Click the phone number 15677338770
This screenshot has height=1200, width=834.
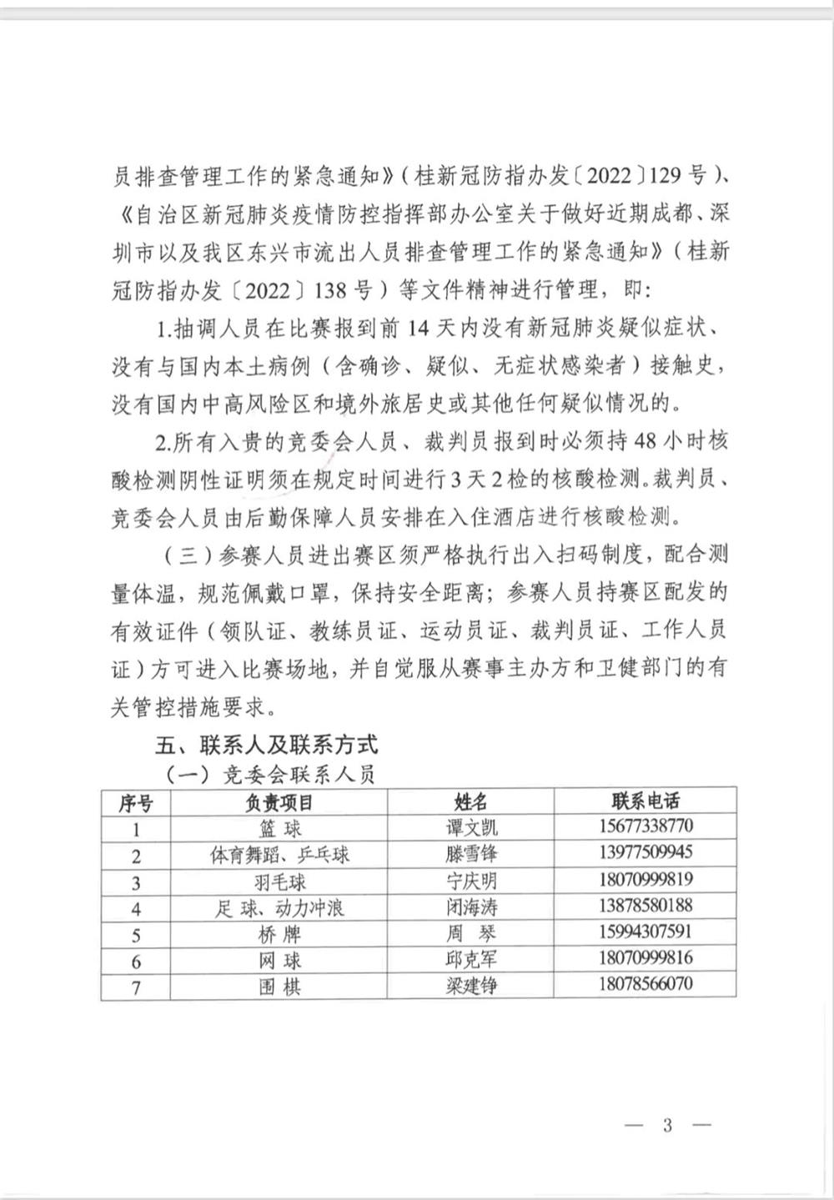click(x=645, y=826)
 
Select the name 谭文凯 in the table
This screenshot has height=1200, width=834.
click(x=470, y=827)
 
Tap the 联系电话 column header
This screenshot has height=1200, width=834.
click(x=645, y=801)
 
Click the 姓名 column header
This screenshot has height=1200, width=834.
click(x=470, y=802)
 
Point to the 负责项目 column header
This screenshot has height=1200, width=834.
click(x=279, y=802)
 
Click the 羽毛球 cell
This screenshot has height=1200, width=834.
click(x=279, y=881)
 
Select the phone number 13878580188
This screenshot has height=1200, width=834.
click(x=645, y=905)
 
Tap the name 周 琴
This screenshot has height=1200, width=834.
click(x=470, y=934)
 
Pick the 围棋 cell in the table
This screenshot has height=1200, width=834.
click(x=279, y=987)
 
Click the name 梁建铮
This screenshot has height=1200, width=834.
click(x=470, y=987)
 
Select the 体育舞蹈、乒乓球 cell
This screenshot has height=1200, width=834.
click(x=279, y=855)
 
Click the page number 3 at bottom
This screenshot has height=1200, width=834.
click(x=667, y=1125)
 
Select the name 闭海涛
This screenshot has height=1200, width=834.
click(x=470, y=907)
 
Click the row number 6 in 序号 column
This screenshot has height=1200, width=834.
click(x=136, y=961)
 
